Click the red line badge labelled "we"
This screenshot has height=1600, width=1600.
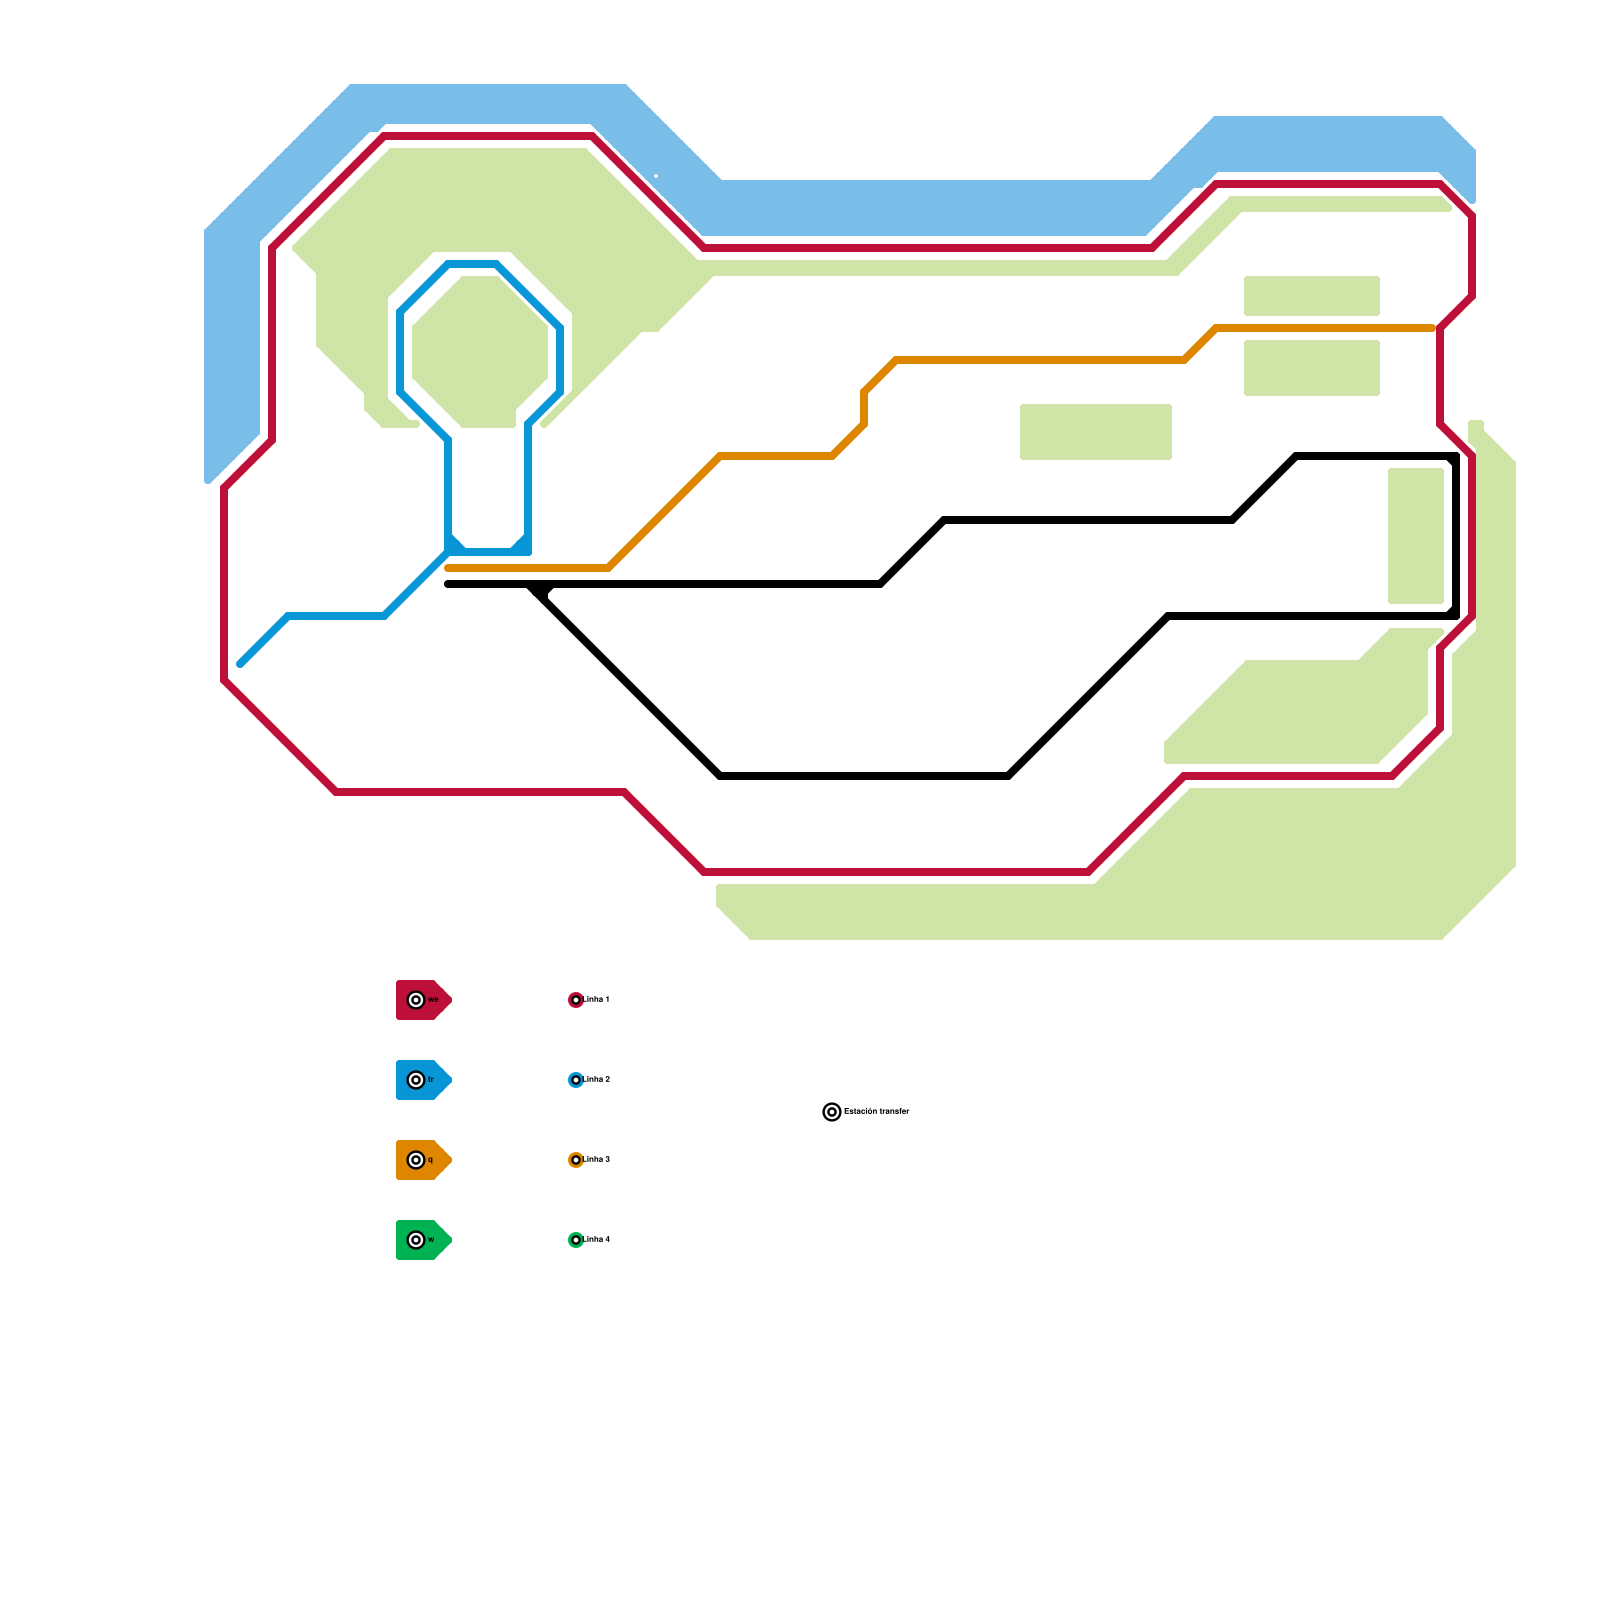423,1000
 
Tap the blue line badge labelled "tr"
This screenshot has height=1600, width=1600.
423,1080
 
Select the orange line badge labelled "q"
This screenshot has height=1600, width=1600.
423,1160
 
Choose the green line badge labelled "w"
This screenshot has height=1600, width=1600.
423,1240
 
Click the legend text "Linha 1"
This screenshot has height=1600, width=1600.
597,1000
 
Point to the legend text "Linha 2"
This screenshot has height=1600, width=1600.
597,1080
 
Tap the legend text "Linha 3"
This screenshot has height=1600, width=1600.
597,1160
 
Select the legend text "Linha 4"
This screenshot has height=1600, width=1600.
597,1240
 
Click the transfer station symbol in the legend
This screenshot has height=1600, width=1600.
832,1112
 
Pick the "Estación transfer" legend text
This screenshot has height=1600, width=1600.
877,1111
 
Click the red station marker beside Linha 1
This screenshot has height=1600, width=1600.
576,1000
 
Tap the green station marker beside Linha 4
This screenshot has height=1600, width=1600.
576,1240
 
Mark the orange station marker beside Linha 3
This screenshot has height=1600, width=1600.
576,1160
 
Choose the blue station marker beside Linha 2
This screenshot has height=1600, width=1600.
576,1080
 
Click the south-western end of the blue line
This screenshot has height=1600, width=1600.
241,663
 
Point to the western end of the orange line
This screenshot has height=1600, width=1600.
449,568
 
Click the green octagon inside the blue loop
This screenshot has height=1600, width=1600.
480,350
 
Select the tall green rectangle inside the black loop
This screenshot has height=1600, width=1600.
1415,536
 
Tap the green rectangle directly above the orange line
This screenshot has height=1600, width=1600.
1311,296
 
